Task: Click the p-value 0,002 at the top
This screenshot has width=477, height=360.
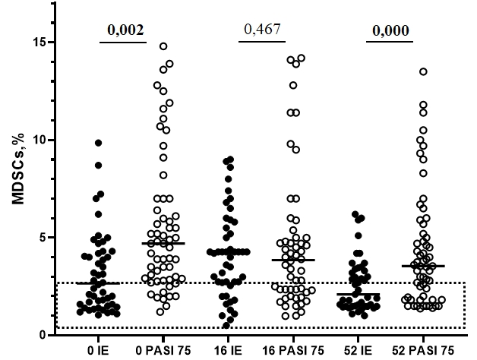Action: point(123,30)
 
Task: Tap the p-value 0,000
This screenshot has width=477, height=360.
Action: point(390,30)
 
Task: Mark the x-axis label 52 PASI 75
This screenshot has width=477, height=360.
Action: point(426,352)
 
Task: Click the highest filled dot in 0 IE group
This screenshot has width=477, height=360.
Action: point(98,143)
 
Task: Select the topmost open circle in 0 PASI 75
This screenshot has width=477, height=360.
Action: point(163,46)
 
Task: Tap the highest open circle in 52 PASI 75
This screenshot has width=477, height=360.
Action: point(423,71)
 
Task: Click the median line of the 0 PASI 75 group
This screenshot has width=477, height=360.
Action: point(163,243)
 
